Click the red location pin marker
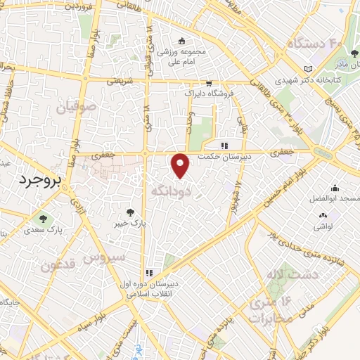[x=181, y=165]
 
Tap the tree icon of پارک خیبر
[x=129, y=212]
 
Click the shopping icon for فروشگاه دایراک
[x=209, y=82]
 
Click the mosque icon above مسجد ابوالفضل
[x=334, y=188]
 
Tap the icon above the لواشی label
[x=323, y=215]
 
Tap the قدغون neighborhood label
[x=60, y=266]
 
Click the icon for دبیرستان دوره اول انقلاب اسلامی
[x=149, y=273]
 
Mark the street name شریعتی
[x=117, y=82]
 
